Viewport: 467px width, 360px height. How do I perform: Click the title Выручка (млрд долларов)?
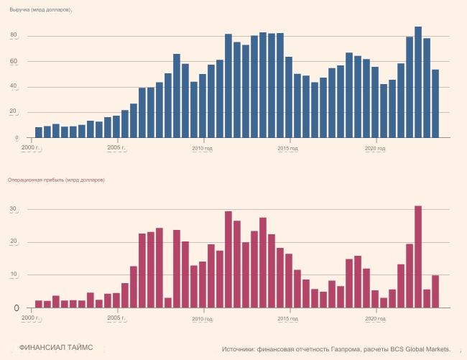(x=40, y=9)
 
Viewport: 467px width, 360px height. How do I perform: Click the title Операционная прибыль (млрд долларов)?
(x=56, y=180)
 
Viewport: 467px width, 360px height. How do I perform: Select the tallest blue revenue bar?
(x=418, y=82)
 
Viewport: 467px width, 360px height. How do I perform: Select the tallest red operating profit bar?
(x=418, y=257)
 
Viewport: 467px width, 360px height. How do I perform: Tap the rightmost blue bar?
(x=435, y=103)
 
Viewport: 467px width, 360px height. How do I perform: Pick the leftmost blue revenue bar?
(x=39, y=132)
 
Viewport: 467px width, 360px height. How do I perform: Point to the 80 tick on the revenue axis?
(x=14, y=36)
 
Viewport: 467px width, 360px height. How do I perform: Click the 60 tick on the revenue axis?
(x=14, y=62)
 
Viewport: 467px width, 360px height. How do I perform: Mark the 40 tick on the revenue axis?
(x=14, y=87)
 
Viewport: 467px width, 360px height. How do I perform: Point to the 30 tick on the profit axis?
(x=12, y=210)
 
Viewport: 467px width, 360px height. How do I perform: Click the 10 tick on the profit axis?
(x=12, y=275)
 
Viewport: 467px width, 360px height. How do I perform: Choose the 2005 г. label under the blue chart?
(x=116, y=147)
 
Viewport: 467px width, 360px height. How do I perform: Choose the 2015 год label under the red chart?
(x=289, y=318)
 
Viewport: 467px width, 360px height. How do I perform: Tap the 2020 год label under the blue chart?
(x=375, y=148)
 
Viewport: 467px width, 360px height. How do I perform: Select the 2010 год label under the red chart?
(x=203, y=318)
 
